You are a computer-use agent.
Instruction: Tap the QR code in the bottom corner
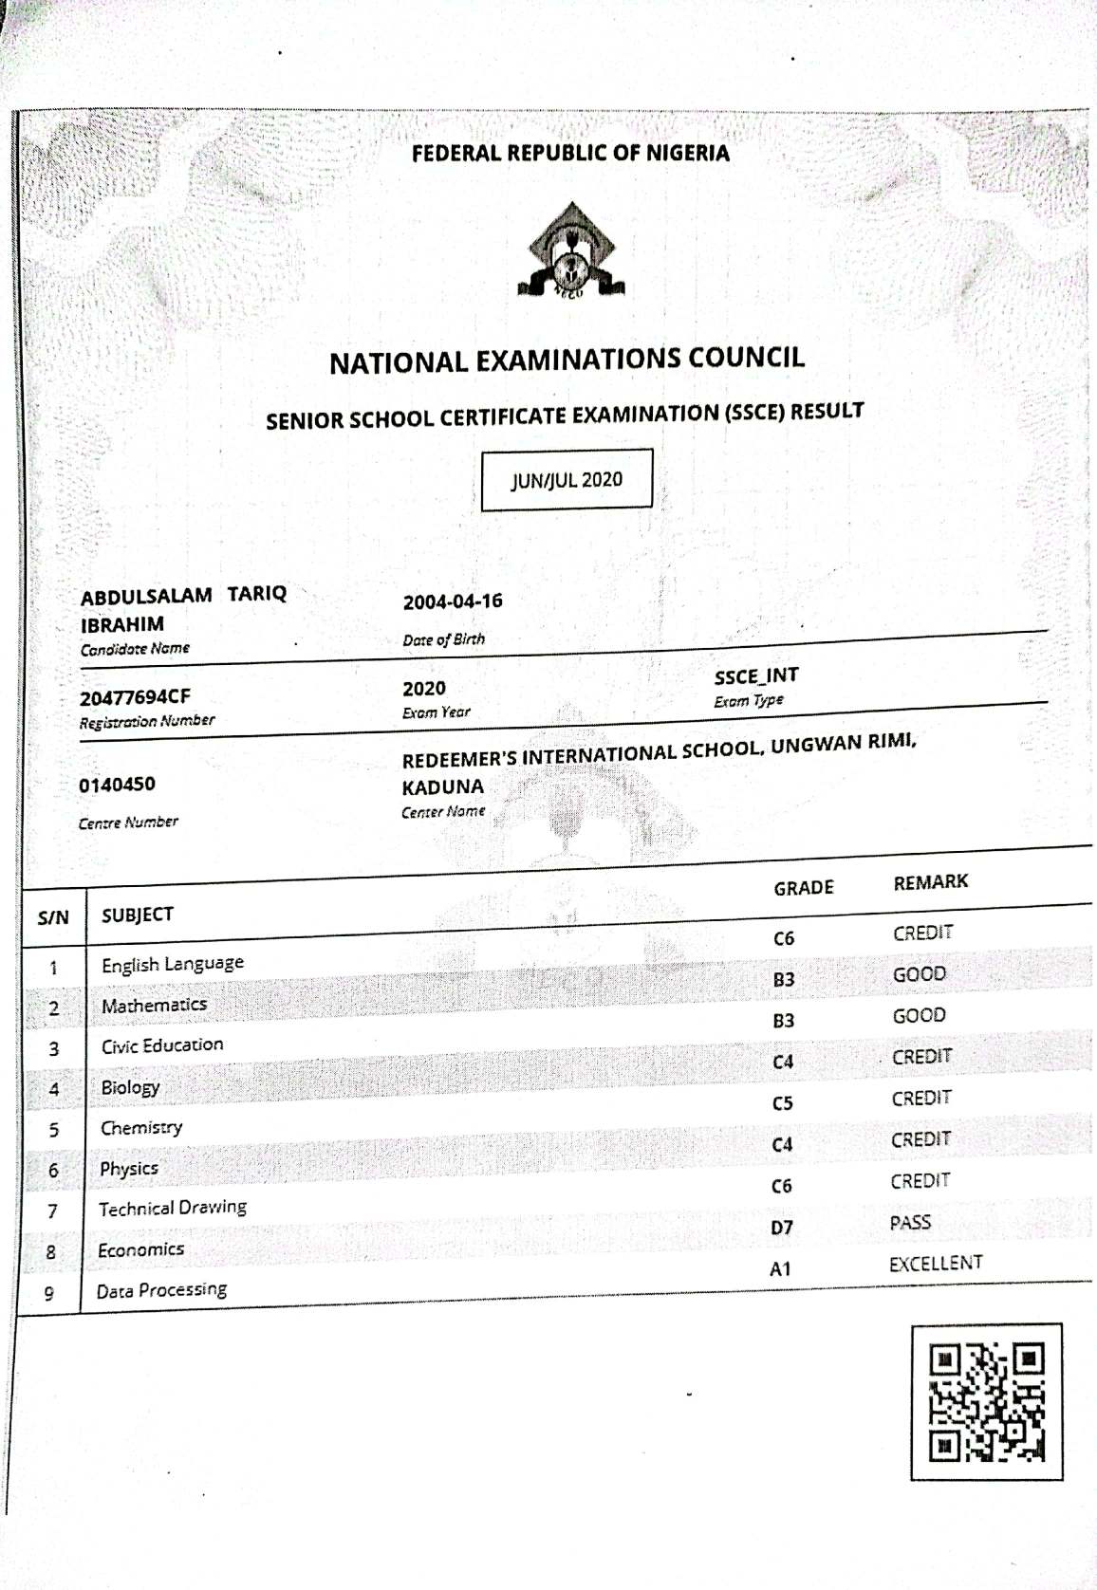pos(986,1401)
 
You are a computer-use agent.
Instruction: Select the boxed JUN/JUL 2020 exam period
pos(567,480)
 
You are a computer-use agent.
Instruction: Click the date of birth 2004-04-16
pos(453,601)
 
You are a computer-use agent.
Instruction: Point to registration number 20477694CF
pos(135,698)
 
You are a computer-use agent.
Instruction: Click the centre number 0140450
pos(117,785)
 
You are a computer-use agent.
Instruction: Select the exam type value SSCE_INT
pos(756,675)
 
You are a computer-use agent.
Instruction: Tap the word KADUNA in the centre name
pos(442,787)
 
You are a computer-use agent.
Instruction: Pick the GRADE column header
pos(803,888)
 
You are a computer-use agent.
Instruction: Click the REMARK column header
pos(930,882)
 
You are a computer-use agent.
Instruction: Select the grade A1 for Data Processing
pos(780,1269)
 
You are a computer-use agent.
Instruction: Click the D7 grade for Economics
pos(781,1228)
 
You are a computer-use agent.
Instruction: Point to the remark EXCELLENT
pos(936,1264)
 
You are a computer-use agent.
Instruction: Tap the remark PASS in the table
pos(910,1223)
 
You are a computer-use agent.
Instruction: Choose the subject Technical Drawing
pos(172,1209)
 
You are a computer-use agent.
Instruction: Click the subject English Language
pos(172,964)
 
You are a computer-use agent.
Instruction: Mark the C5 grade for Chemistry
pos(782,1103)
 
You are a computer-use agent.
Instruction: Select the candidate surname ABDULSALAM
pos(145,597)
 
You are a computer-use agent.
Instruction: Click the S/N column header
pos(53,917)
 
